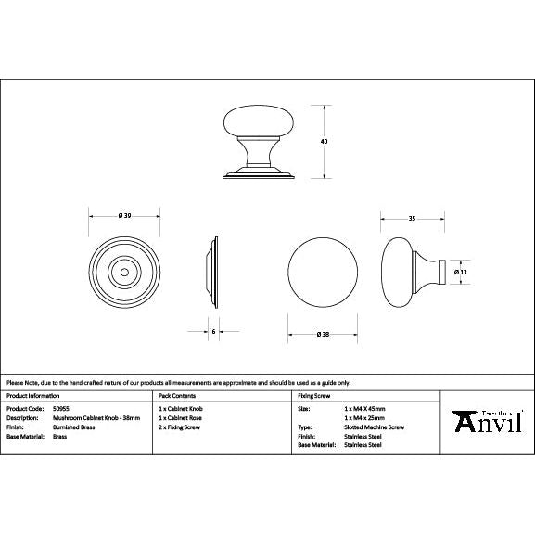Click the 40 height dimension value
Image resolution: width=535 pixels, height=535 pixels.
324,141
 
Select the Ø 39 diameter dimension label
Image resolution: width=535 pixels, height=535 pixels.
124,216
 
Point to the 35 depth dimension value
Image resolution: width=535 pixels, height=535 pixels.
411,220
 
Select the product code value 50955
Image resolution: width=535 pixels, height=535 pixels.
61,407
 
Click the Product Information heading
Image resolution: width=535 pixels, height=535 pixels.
33,396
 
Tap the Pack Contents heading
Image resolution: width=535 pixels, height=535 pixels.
177,396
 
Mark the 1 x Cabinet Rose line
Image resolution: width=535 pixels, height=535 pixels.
179,417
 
